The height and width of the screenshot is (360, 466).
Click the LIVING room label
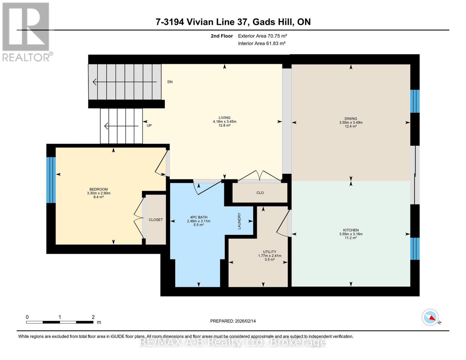point(224,118)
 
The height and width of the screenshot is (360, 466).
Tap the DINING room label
point(351,118)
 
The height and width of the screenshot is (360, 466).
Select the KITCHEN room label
point(351,230)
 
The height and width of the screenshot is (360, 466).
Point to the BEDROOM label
point(98,189)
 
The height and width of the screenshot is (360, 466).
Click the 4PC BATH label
point(199,217)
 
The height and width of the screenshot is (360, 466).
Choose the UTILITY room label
point(269,252)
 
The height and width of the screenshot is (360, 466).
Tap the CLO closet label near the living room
point(260,193)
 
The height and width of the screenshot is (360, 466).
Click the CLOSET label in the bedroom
point(156,220)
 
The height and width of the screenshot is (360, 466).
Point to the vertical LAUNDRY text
point(239,221)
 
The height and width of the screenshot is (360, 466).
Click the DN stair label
point(170,82)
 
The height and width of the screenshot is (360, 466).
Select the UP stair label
point(149,125)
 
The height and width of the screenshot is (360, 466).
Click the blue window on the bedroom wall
point(51,180)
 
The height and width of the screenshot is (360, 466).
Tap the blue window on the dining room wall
point(415,101)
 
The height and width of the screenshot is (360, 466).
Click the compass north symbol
point(430,317)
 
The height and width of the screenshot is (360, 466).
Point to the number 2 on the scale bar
point(93,317)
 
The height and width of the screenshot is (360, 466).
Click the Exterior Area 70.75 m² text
point(262,36)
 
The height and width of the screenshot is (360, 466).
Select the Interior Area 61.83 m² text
point(261,43)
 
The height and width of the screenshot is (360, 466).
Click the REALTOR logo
point(26,31)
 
